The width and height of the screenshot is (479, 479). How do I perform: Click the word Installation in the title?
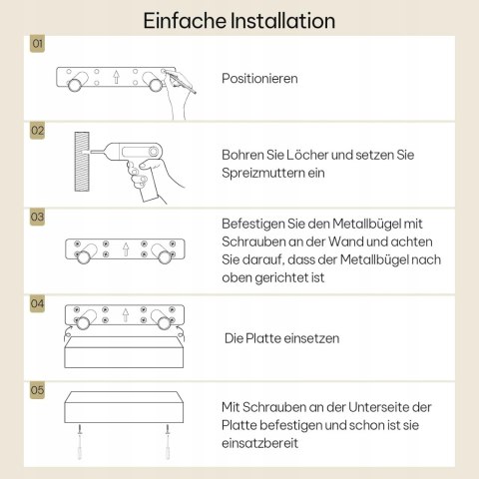pos(282,21)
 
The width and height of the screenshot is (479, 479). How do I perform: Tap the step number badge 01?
pos(37,44)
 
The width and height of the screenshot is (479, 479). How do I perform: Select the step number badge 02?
pos(37,131)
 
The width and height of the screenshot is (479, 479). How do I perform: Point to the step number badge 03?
pos(37,218)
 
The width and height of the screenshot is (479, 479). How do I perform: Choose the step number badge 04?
pos(37,303)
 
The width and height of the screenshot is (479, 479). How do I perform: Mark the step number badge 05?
pos(37,390)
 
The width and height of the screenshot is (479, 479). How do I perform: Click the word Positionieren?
pos(259,79)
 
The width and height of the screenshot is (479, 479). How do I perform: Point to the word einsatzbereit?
pos(259,443)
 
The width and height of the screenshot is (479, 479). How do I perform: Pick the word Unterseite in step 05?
pos(378,407)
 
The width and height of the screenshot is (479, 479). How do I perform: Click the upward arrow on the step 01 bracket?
pos(116,77)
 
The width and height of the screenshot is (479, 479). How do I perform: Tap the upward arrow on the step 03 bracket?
pos(126,249)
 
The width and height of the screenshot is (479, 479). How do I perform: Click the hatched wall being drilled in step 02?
pos(82,162)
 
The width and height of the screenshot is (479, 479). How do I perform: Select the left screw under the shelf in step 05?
pos(80,442)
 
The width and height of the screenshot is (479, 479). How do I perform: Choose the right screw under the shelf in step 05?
pos(168,442)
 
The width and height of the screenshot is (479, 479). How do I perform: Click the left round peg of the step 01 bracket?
pos(75,85)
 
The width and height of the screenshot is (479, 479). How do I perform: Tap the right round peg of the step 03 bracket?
pos(165,257)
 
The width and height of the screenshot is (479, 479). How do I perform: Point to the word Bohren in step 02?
pos(242,155)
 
